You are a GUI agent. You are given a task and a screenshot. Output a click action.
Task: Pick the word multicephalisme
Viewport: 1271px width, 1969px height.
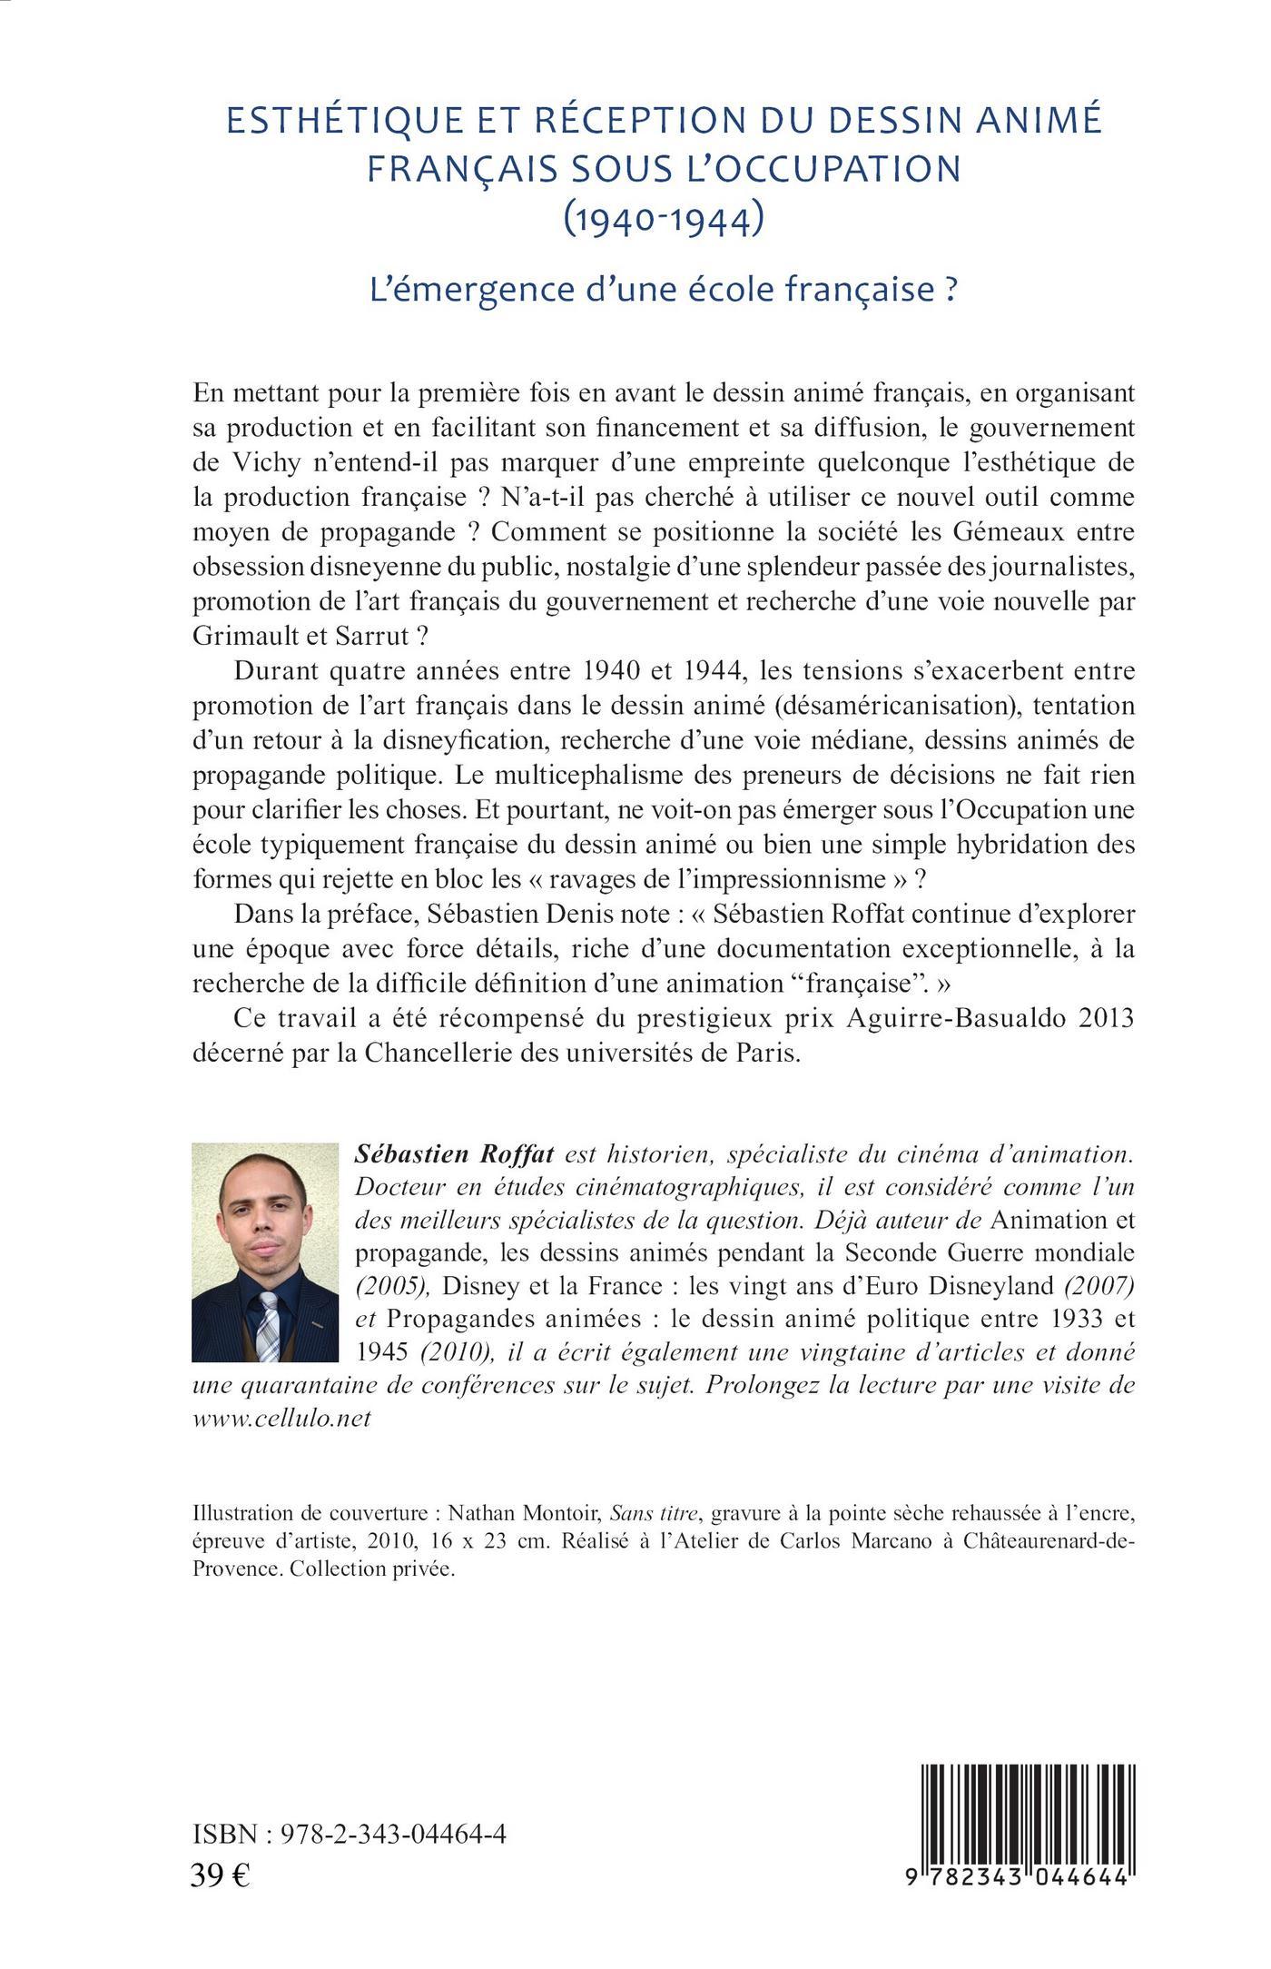pos(599,776)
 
